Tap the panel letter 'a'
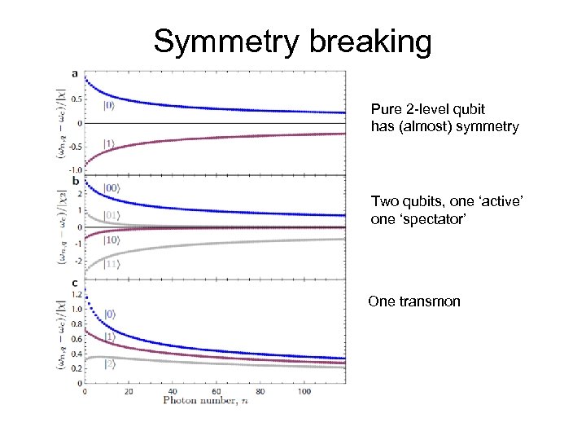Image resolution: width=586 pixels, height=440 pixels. click(76, 74)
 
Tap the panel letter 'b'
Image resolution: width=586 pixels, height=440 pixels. click(76, 180)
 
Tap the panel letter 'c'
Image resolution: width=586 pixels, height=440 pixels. click(76, 283)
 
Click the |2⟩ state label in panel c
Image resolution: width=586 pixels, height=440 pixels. click(108, 365)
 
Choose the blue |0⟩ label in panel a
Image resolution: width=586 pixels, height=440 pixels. click(109, 105)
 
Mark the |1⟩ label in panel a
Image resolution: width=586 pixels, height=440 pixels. click(109, 144)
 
